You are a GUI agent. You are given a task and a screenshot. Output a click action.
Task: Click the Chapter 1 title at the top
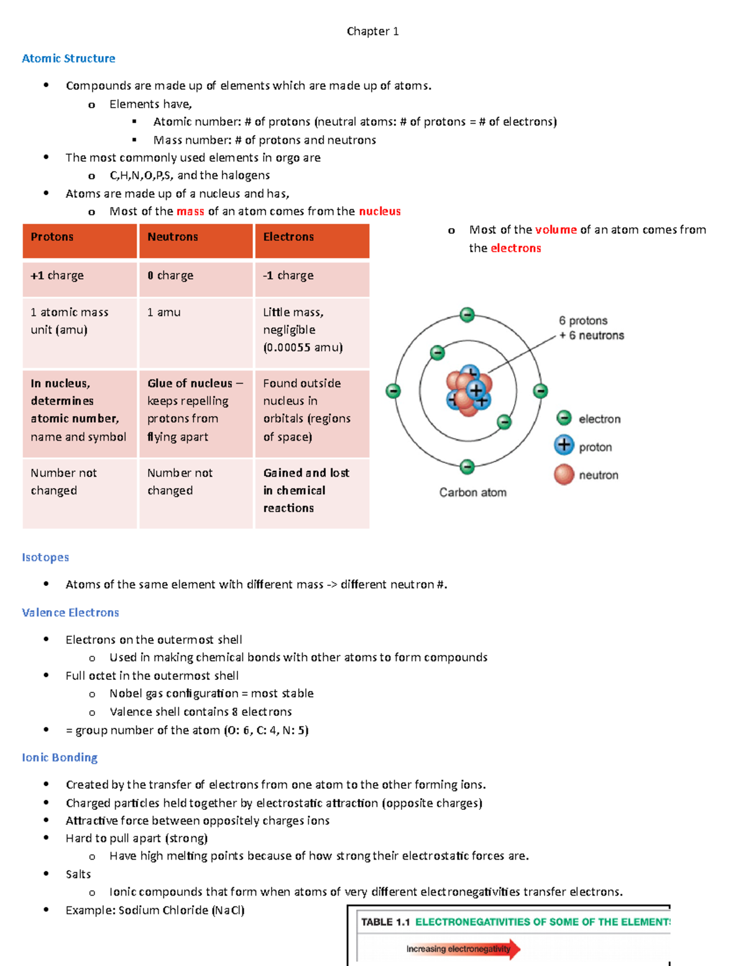pos(372,31)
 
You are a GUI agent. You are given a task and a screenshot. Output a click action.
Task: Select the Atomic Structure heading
pos(68,58)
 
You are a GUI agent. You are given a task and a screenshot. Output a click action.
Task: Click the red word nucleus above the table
pos(380,211)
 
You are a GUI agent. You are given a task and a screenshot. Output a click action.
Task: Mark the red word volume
pos(556,230)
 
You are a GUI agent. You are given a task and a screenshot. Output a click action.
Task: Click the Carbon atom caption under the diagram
pos(472,493)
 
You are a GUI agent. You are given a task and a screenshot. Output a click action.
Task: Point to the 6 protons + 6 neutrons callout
pos(591,328)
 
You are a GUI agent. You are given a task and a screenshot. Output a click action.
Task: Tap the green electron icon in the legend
pos(564,418)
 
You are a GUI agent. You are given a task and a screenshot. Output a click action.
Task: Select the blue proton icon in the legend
pos(564,445)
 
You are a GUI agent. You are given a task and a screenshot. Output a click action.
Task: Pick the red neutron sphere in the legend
pos(564,474)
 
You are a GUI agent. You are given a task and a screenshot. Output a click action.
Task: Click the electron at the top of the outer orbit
pos(467,315)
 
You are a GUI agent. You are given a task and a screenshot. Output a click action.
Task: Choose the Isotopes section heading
pos(45,557)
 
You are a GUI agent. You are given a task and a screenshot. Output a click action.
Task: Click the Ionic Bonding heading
pos(60,758)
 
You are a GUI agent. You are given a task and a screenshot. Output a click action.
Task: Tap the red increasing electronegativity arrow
pos(463,949)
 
